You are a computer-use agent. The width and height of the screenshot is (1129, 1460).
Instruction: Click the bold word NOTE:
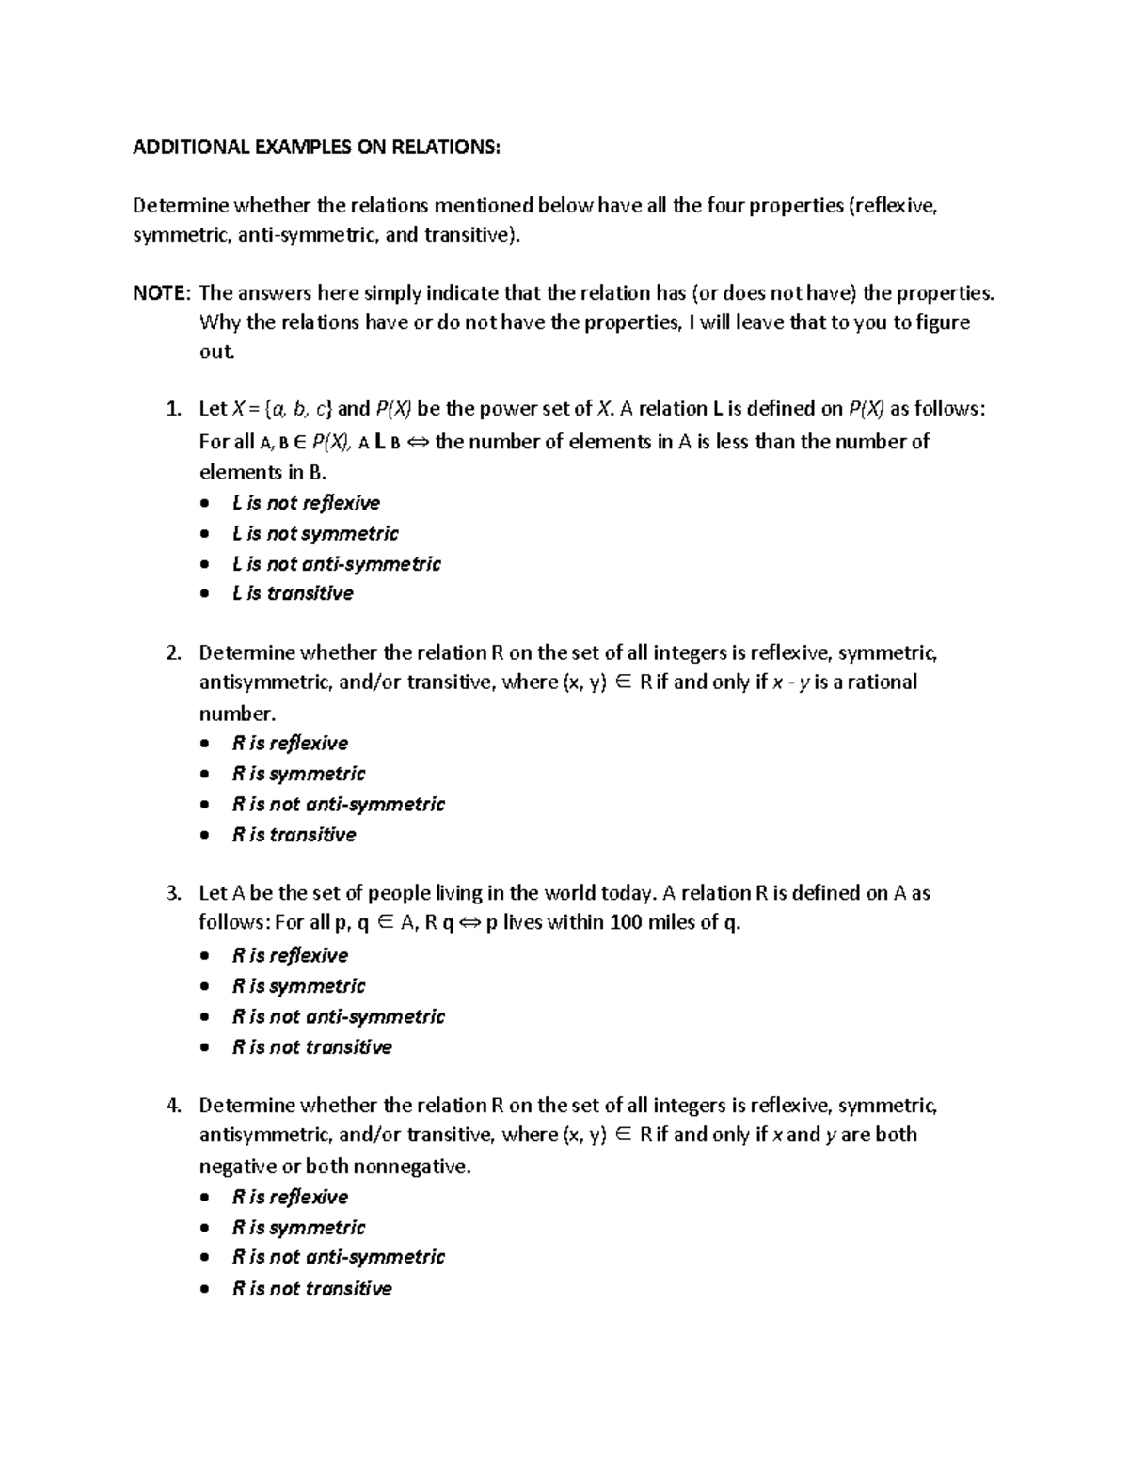click(161, 292)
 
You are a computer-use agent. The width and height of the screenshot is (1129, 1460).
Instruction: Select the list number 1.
click(171, 409)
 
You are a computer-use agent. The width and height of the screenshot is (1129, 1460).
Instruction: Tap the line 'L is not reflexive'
click(306, 503)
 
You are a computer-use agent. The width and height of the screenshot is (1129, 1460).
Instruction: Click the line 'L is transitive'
click(293, 593)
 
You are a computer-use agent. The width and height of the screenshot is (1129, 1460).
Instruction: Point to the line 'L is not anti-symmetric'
click(336, 564)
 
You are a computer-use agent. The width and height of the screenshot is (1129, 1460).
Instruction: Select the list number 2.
click(172, 652)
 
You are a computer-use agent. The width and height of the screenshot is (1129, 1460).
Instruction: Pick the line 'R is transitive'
click(294, 835)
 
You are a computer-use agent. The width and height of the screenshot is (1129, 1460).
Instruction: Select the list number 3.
click(172, 893)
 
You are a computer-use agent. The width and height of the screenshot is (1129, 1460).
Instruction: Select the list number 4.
click(172, 1106)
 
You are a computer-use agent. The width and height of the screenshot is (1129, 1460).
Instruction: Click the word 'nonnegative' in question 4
click(413, 1167)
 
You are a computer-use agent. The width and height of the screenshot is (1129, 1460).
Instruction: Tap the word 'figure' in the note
click(943, 322)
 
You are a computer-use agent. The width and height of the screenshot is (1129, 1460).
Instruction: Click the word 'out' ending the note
click(215, 353)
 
